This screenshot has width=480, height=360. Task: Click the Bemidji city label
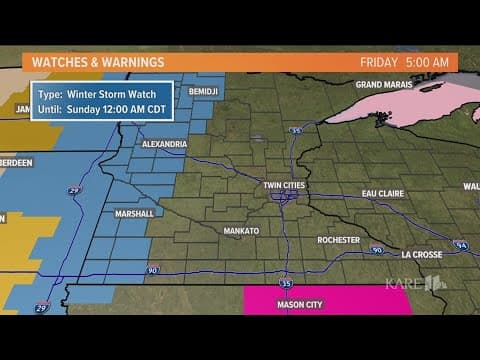201,90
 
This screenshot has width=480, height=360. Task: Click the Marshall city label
133,213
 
